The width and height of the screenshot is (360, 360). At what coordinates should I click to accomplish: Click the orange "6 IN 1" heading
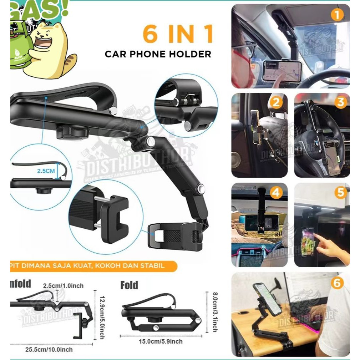click(x=177, y=35)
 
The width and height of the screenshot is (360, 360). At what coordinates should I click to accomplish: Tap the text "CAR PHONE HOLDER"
click(x=158, y=55)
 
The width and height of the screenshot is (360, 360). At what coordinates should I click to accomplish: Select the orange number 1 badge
click(x=336, y=15)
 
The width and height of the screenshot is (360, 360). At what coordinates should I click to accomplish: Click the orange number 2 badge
click(x=275, y=103)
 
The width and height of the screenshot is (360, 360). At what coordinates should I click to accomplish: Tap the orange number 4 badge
click(x=275, y=193)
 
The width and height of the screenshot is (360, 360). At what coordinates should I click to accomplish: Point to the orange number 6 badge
click(x=337, y=283)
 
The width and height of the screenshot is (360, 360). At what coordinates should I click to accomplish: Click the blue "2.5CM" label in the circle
click(x=46, y=171)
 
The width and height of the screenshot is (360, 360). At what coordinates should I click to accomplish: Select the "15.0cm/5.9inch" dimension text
click(x=160, y=341)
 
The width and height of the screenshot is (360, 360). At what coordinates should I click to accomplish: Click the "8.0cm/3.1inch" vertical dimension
click(x=214, y=312)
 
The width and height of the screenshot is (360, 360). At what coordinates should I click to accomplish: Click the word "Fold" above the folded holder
click(x=129, y=285)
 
